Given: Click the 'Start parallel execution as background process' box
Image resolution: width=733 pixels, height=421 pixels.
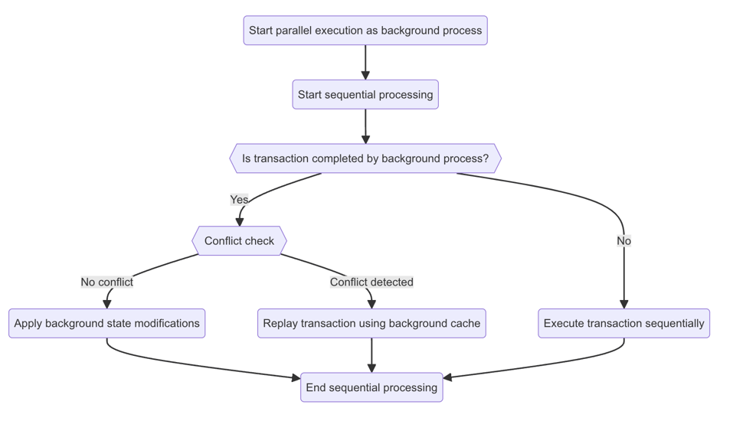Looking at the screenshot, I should point(365,31).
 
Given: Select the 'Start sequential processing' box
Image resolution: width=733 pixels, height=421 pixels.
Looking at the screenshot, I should point(365,95).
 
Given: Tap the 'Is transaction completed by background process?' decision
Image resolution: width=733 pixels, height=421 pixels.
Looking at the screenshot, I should point(365,158).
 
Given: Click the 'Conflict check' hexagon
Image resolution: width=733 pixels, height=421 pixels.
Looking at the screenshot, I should point(239,241).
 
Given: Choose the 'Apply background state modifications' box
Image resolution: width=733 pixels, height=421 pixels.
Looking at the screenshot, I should point(106,323).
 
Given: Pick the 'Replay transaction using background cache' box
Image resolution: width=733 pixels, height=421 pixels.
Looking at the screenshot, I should point(371,323).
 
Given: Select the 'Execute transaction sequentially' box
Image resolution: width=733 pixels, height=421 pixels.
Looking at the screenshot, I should point(623,323).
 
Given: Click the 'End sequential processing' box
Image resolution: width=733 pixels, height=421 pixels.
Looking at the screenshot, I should point(371,387).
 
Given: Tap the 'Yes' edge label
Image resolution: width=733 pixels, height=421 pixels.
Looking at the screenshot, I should point(239,200).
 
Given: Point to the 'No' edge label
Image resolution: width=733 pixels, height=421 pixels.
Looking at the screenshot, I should point(623,241).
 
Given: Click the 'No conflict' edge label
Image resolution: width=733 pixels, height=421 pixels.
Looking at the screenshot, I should point(106,282).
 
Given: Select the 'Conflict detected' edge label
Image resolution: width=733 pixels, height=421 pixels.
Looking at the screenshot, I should point(371,282).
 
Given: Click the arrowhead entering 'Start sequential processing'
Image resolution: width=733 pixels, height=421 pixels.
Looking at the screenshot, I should point(365,75).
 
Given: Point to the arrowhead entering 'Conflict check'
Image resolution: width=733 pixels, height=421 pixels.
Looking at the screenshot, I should point(239,221).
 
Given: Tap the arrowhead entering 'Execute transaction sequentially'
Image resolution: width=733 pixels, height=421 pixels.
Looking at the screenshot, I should point(623,304).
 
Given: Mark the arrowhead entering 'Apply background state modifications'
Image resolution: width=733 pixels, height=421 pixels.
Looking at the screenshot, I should point(106,304).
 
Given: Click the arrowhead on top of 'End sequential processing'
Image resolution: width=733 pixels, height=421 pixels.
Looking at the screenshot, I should point(371,367).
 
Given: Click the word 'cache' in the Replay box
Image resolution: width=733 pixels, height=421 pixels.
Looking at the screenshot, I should point(463,323).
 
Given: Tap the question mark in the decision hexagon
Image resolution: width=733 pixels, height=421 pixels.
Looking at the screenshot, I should point(486,158).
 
